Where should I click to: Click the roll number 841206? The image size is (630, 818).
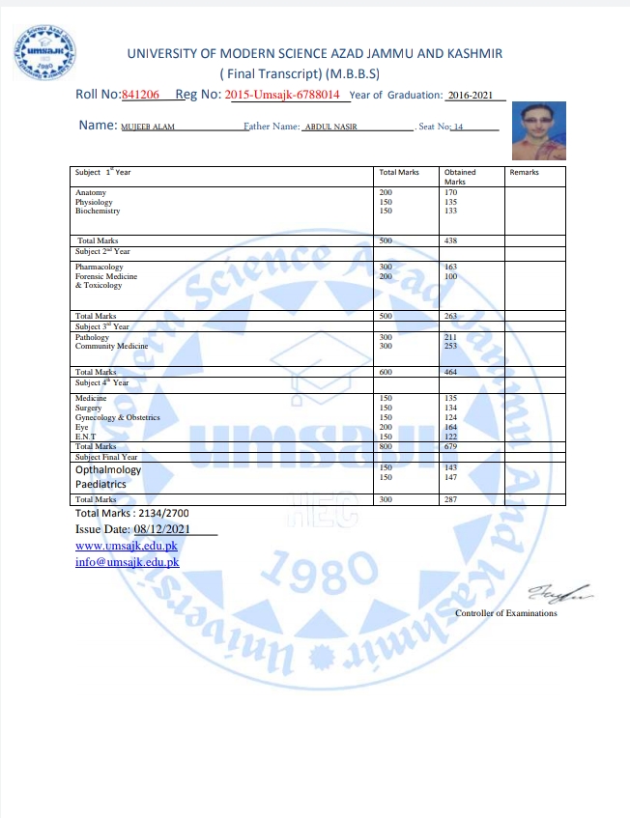click(141, 94)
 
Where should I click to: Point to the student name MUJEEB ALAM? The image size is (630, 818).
click(148, 127)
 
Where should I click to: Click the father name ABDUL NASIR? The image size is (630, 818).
click(331, 127)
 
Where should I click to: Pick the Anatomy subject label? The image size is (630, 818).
click(90, 193)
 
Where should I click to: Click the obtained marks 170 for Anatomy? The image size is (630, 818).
click(450, 193)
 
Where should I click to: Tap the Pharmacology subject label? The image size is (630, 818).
click(100, 267)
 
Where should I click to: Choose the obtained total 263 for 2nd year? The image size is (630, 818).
click(451, 315)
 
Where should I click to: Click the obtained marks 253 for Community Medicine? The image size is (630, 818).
click(451, 345)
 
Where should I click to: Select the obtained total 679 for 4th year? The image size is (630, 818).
click(451, 446)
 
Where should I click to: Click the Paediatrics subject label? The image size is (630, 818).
click(100, 484)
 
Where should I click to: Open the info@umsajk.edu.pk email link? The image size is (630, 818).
click(127, 562)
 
